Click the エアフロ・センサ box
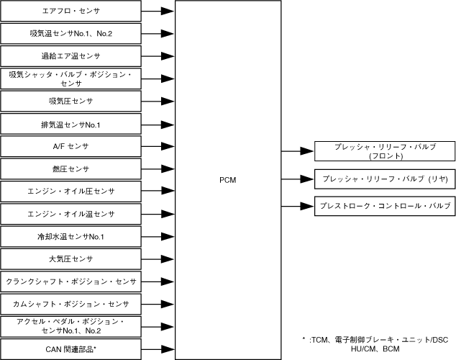[x=70, y=12]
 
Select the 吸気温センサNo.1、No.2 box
[x=70, y=34]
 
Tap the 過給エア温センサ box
[x=70, y=56]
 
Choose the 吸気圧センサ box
[x=70, y=101]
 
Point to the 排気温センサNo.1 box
[x=70, y=124]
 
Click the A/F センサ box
[x=70, y=146]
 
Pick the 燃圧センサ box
[x=70, y=168]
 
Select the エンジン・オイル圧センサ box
[x=70, y=191]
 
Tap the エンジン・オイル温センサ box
[x=70, y=214]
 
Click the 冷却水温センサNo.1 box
[x=70, y=236]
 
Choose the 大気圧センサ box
[x=70, y=258]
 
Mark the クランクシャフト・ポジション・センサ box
[x=70, y=281]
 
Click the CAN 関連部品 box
[x=70, y=348]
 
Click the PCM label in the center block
[x=227, y=179]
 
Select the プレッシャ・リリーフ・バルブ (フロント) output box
[x=385, y=151]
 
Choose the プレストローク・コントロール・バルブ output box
[x=385, y=206]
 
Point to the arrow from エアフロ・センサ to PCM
[x=158, y=12]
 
